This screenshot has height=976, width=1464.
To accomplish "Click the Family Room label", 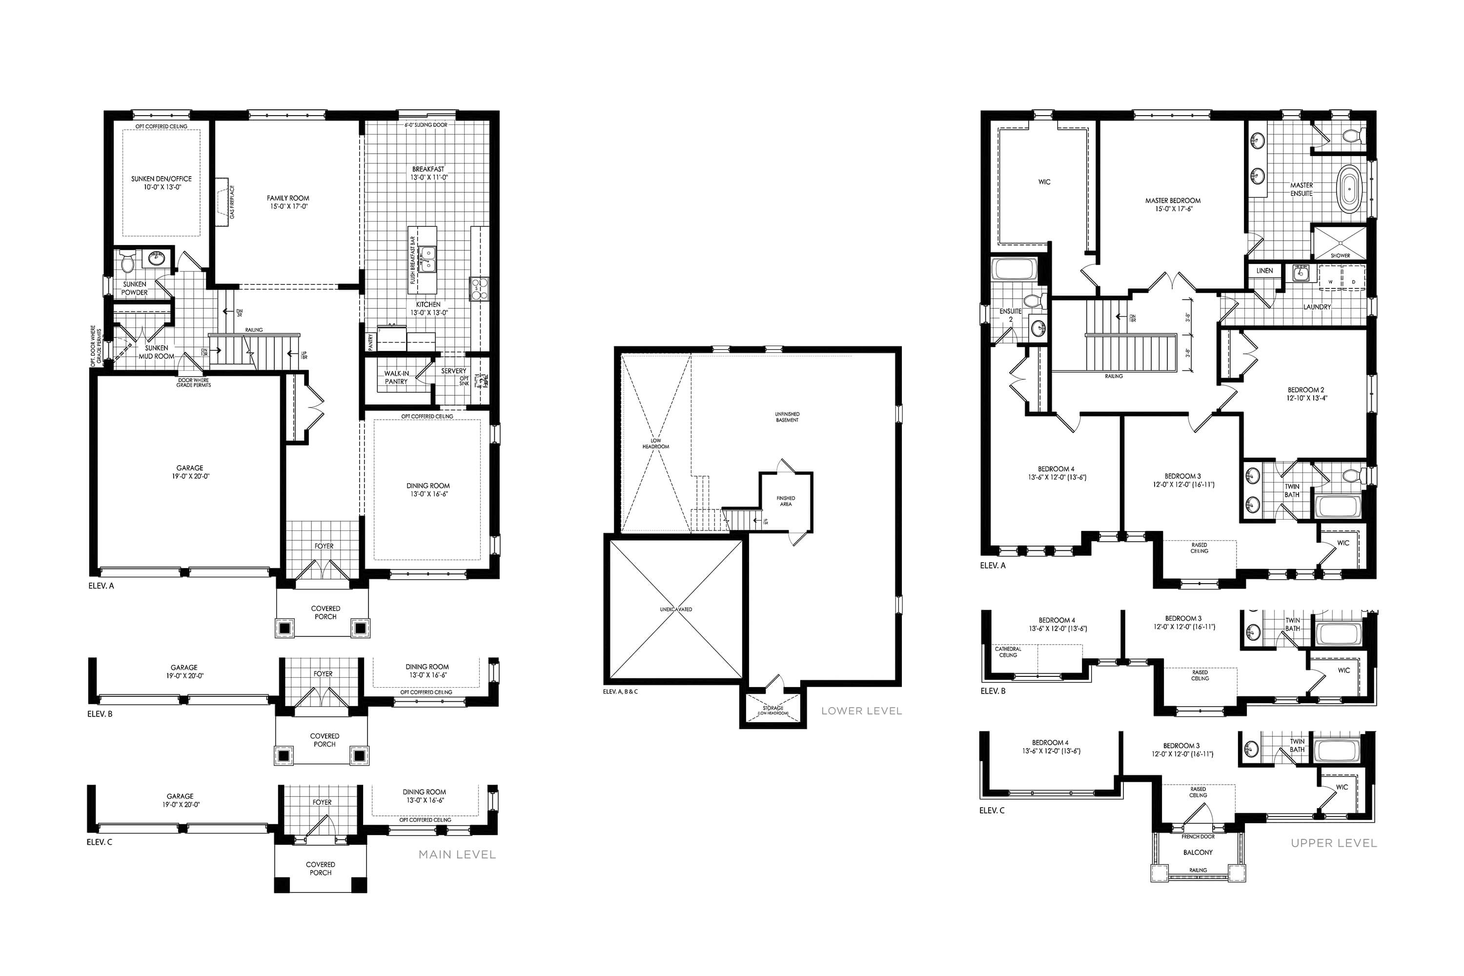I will pos(287,199).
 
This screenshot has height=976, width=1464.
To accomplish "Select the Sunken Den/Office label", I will pos(161,179).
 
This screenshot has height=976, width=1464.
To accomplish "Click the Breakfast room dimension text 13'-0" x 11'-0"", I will pos(428,178).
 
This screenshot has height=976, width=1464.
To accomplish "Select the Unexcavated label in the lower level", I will pos(675,610).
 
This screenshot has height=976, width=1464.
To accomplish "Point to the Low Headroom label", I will pos(655,444).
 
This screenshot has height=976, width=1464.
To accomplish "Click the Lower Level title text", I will pos(861,711).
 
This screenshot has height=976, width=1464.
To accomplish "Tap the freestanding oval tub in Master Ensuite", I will pos(1347,190).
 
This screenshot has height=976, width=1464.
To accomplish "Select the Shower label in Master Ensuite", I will pos(1340,255).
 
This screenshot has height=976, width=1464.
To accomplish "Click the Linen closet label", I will pos(1264,271).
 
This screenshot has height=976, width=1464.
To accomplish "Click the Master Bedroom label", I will pos(1173,201).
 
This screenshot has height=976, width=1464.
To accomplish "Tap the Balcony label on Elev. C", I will pos(1198,853).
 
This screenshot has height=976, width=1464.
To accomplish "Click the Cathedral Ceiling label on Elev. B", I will pos(1008,651).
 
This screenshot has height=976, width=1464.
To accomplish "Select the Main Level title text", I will pos(457,854).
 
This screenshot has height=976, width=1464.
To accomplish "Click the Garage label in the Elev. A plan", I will pos(189,468).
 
